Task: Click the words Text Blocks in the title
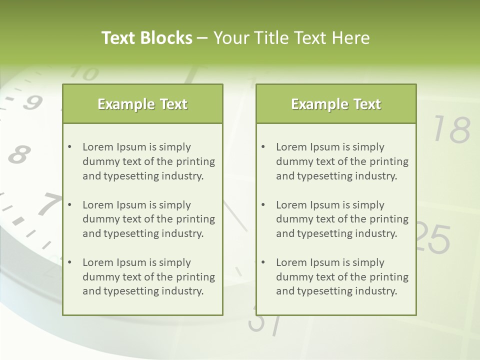(x=146, y=38)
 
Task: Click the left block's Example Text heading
(x=142, y=104)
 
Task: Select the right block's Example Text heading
(x=336, y=104)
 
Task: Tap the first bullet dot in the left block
(x=69, y=147)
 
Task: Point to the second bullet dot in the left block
(x=69, y=205)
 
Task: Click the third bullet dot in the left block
(x=69, y=262)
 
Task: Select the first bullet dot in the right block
(x=263, y=147)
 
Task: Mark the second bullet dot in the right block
(x=263, y=205)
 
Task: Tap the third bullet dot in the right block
(x=263, y=262)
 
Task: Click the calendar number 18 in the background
(x=451, y=129)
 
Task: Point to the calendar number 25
(x=433, y=237)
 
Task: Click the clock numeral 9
(x=33, y=102)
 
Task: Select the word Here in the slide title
(x=351, y=38)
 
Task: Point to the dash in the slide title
(x=202, y=38)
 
